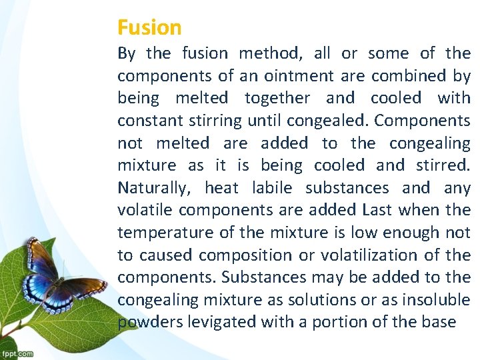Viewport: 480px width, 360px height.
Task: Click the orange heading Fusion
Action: point(149,27)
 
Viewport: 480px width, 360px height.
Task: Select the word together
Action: point(277,98)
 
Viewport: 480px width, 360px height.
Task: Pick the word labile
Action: point(267,188)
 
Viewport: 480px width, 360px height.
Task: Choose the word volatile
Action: point(146,210)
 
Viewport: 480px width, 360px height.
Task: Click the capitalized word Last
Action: point(377,210)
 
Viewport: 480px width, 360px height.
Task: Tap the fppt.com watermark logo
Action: point(17,353)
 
